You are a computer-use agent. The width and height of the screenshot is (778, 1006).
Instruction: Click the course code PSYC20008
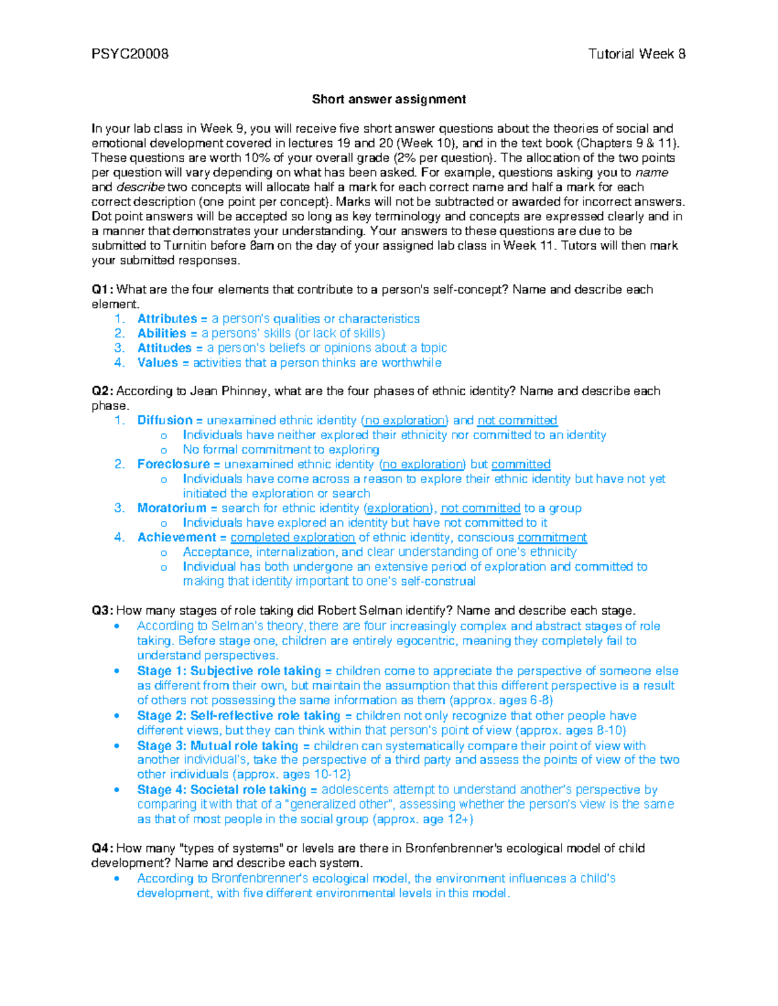click(x=130, y=54)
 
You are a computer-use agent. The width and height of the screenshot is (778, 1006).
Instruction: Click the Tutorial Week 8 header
click(x=637, y=54)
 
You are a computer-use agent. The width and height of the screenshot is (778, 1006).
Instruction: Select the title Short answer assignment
click(x=388, y=99)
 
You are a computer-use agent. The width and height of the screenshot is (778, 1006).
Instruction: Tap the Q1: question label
click(x=102, y=290)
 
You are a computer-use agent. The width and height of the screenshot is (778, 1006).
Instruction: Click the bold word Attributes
click(x=167, y=319)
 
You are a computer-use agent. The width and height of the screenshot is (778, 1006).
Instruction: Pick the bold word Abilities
click(x=162, y=334)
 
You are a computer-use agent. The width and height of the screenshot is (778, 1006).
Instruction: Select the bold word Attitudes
click(x=165, y=349)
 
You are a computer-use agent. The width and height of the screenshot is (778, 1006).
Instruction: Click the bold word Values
click(x=158, y=363)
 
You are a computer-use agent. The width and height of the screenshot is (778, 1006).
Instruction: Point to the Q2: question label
click(x=102, y=391)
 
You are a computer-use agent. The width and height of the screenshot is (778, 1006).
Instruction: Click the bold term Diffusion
click(x=165, y=420)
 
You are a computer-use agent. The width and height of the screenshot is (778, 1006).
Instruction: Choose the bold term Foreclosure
click(x=174, y=464)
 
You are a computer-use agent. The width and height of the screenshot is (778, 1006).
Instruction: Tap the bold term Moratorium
click(x=172, y=509)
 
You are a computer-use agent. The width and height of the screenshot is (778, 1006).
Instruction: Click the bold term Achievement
click(x=177, y=538)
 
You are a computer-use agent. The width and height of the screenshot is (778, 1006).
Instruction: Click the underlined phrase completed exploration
click(x=292, y=538)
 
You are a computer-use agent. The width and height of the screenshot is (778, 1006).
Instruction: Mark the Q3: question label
click(x=102, y=611)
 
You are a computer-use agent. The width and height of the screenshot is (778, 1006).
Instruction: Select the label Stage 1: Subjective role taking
click(x=229, y=671)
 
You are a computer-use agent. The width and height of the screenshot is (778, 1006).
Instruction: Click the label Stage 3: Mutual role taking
click(x=217, y=746)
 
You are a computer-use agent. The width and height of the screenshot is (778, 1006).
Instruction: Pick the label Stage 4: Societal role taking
click(x=222, y=790)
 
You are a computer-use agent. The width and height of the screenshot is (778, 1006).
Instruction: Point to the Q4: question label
click(x=102, y=849)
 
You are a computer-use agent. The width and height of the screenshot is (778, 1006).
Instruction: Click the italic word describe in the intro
click(x=140, y=187)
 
